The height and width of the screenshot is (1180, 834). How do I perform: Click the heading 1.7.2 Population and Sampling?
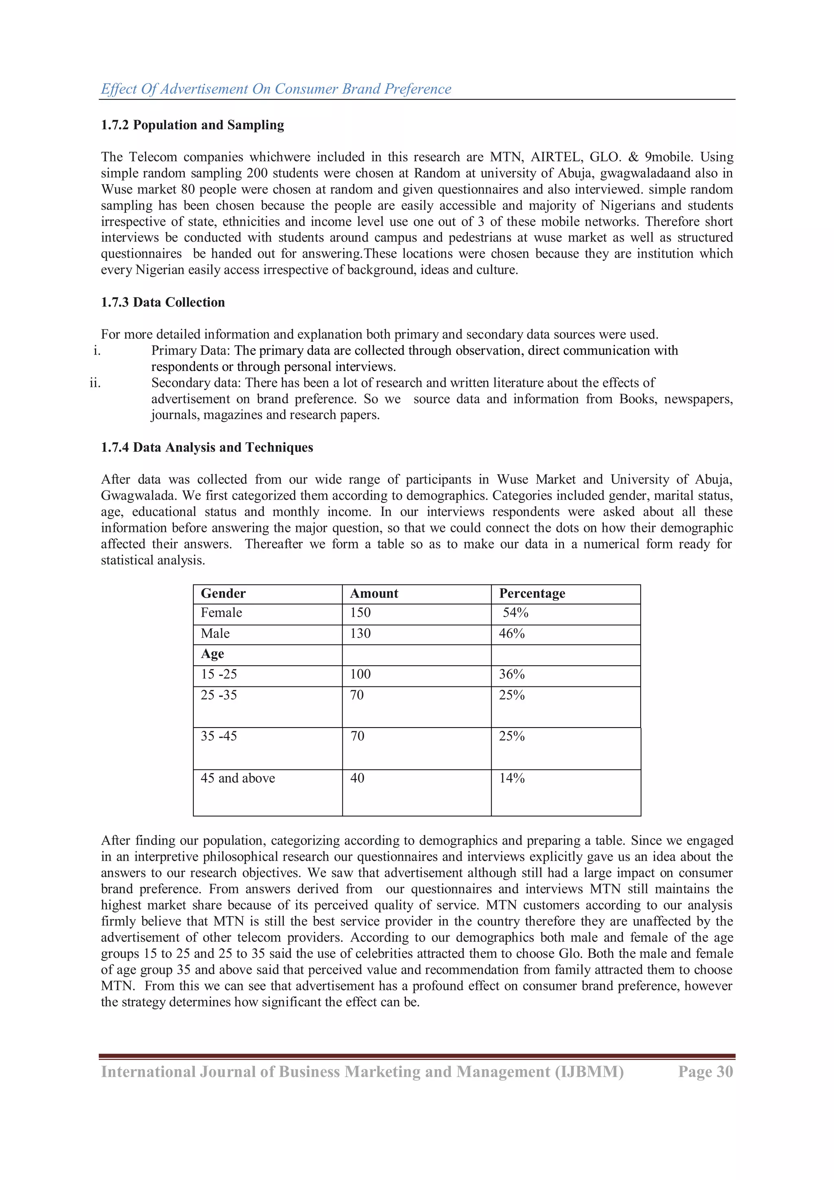tap(192, 125)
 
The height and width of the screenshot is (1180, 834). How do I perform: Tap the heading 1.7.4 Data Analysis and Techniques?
tap(206, 447)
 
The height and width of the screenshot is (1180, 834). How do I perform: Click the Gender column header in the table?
tap(224, 593)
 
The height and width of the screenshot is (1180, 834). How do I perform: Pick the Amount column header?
tap(374, 593)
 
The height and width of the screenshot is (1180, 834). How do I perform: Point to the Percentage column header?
tap(532, 593)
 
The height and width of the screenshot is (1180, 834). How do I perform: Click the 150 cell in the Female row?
tap(360, 613)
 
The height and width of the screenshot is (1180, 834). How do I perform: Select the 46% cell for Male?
tap(512, 634)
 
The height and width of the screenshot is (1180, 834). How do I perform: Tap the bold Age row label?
tap(213, 654)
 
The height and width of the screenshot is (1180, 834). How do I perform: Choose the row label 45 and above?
tap(238, 778)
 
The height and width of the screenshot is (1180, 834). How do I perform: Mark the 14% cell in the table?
tap(512, 778)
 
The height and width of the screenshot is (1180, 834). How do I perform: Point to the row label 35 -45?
tap(219, 736)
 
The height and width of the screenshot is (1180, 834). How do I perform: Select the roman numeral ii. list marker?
tap(95, 383)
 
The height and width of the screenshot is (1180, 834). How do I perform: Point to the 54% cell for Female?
tap(516, 613)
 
